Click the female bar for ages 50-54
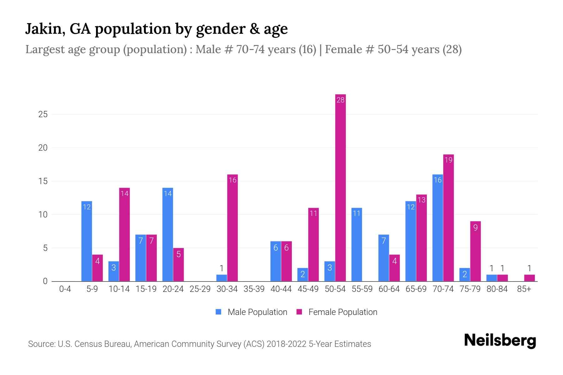(x=340, y=187)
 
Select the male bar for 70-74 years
(x=438, y=228)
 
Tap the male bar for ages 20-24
(x=168, y=234)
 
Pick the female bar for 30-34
(x=232, y=228)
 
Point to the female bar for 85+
(x=529, y=278)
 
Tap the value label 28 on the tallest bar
(x=340, y=100)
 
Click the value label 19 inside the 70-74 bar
(x=448, y=160)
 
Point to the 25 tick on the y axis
(x=43, y=114)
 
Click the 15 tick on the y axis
(x=43, y=181)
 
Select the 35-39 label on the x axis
(x=254, y=289)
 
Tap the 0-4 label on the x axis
(x=65, y=289)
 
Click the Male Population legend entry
(x=251, y=312)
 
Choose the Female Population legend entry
(x=337, y=312)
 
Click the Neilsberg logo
(x=500, y=341)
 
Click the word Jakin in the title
(x=43, y=29)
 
